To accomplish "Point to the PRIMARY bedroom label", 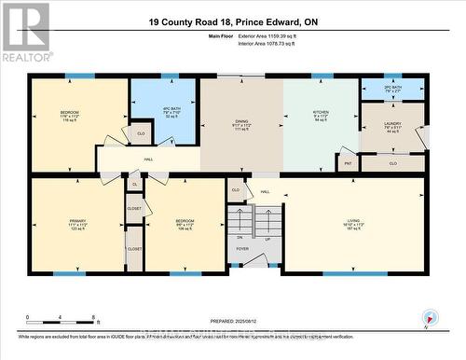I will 77,221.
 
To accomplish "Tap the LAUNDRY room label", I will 391,123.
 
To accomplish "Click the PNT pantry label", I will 348,163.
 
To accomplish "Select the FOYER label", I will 241,248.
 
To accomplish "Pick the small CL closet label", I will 134,185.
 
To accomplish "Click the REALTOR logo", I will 25,34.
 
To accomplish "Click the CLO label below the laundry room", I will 392,163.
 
